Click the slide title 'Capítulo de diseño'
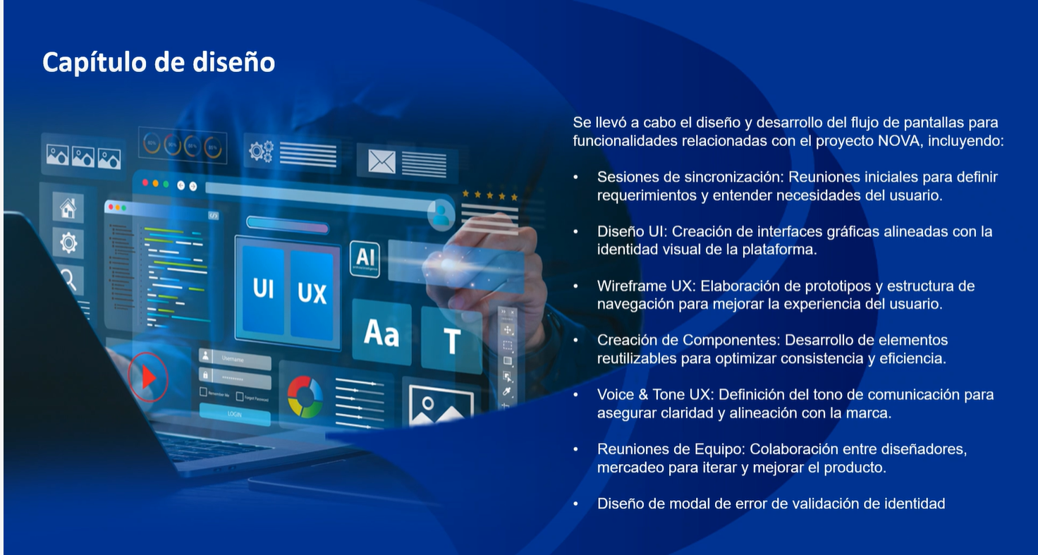point(159,63)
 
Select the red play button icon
point(148,377)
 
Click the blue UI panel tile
point(263,290)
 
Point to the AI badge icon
point(365,259)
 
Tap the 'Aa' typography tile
point(381,331)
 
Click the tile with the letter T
point(451,340)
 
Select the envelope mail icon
point(381,161)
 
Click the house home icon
point(68,208)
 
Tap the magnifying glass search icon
point(68,280)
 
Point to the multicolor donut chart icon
point(305,397)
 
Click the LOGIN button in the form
point(235,414)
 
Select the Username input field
point(235,358)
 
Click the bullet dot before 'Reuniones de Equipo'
point(576,449)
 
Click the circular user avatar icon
point(441,214)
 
